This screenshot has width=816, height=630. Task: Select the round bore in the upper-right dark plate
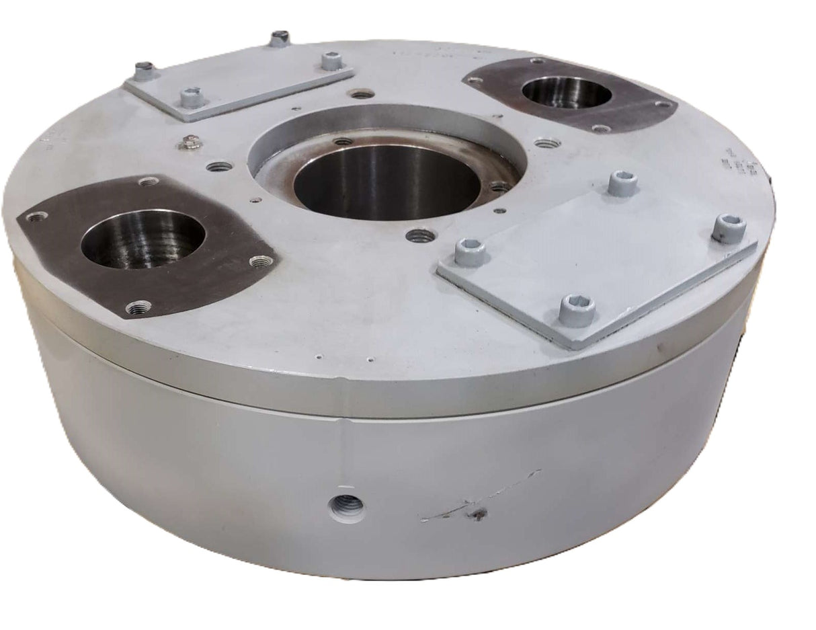tap(567, 91)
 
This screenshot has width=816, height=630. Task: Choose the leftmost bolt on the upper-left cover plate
tap(143, 69)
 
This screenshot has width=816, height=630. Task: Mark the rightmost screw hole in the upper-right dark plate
tap(664, 104)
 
